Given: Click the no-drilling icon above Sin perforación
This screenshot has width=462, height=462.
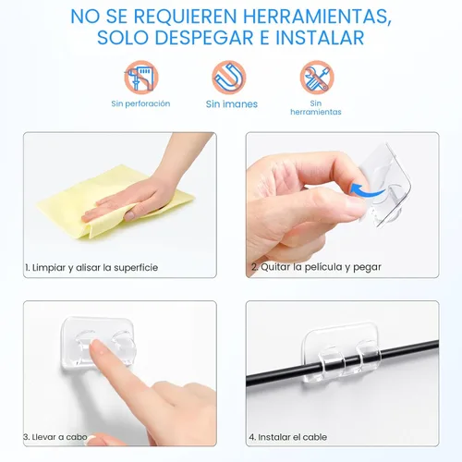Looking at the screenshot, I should (141, 78).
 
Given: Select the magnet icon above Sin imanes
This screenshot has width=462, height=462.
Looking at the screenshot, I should (229, 78).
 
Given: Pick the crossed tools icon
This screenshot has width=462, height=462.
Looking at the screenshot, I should (316, 78).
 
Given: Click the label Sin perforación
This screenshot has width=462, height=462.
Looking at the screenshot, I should (141, 103).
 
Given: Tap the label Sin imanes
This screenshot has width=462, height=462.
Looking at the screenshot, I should (231, 104).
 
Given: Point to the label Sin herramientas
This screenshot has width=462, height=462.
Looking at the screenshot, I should (316, 108).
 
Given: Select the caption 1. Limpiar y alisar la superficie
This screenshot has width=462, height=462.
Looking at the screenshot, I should (91, 267).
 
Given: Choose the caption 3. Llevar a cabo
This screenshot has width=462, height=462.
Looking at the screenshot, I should (58, 436).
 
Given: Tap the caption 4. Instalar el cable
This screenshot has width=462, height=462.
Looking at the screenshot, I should (287, 436).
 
